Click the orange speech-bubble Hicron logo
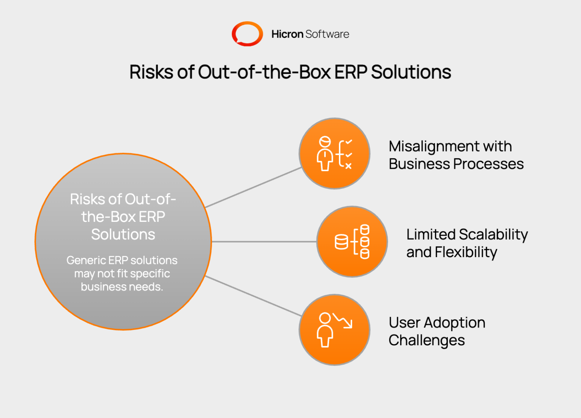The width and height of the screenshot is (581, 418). (247, 34)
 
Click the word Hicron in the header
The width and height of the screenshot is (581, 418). (287, 34)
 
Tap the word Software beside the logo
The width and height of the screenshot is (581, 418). (327, 34)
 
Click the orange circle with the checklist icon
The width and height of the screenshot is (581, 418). (334, 153)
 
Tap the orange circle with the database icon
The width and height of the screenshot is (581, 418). (352, 242)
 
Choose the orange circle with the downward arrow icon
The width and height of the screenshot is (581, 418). (334, 330)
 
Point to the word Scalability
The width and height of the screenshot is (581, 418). (493, 235)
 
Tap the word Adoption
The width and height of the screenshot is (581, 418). (454, 323)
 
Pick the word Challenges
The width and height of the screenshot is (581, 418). (427, 340)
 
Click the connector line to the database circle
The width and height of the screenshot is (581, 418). (264, 242)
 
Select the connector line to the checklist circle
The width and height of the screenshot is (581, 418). (253, 187)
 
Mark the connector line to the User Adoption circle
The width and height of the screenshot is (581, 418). (253, 296)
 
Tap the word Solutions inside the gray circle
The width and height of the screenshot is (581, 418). (123, 234)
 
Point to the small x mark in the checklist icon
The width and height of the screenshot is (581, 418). (348, 166)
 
